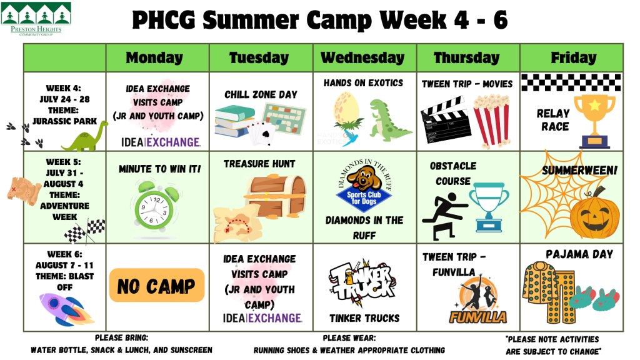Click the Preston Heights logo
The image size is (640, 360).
click(x=36, y=18)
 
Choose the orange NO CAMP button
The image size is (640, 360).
click(x=157, y=285)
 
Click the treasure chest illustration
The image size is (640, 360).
click(x=276, y=197)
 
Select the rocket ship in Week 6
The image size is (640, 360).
click(x=66, y=309)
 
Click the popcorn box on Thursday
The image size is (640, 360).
click(x=491, y=120)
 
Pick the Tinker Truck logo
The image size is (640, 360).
click(x=362, y=283)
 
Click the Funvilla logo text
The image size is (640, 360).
click(x=478, y=317)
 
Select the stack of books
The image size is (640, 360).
click(x=236, y=121)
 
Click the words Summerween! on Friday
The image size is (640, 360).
click(x=579, y=170)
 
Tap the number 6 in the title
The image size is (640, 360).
click(x=500, y=19)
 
